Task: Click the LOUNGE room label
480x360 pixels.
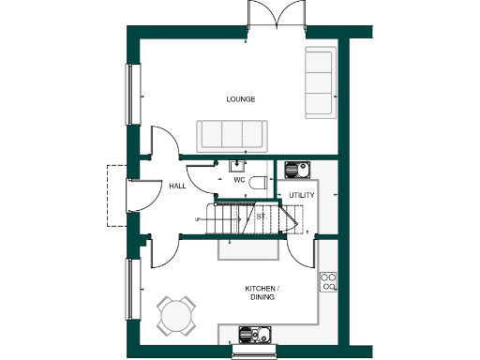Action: pyautogui.click(x=241, y=98)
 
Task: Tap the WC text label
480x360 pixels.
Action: pyautogui.click(x=239, y=179)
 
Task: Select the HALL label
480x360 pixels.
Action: pyautogui.click(x=177, y=186)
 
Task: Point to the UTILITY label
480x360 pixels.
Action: pyautogui.click(x=301, y=195)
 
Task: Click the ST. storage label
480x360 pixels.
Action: pyautogui.click(x=262, y=217)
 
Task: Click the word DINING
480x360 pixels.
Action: pyautogui.click(x=263, y=297)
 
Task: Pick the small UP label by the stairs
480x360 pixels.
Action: pyautogui.click(x=198, y=219)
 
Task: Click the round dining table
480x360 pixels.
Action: pyautogui.click(x=175, y=315)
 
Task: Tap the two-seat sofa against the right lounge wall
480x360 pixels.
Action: pyautogui.click(x=320, y=82)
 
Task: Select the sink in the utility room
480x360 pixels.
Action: pyautogui.click(x=296, y=170)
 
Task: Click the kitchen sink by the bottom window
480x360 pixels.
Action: pyautogui.click(x=254, y=334)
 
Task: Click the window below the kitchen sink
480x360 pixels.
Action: pyautogui.click(x=255, y=354)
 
